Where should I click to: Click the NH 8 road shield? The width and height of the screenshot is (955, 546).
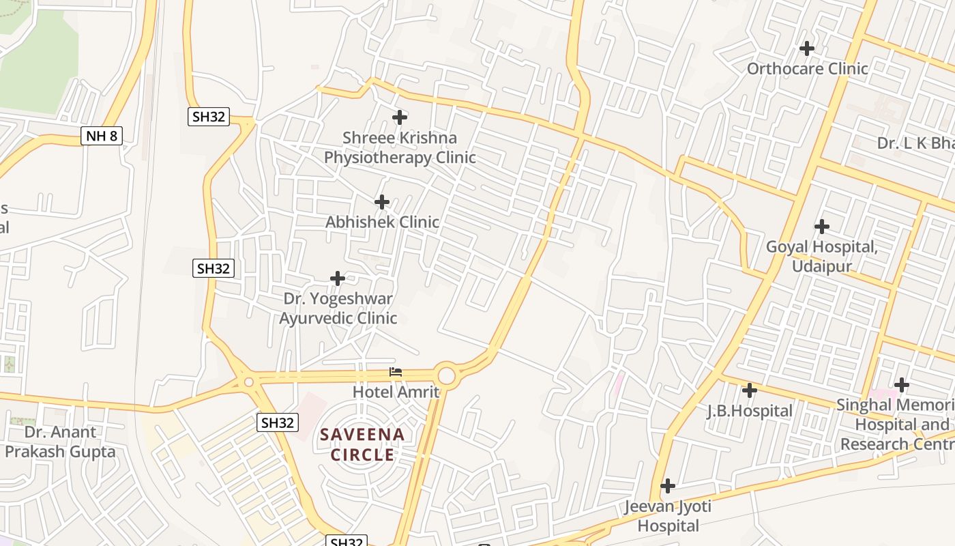coord(102,136)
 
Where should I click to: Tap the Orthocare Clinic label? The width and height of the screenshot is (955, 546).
coord(807,68)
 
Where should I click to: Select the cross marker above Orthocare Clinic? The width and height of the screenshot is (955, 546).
coord(807,48)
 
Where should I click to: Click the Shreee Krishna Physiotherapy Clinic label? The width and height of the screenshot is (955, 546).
coord(399,147)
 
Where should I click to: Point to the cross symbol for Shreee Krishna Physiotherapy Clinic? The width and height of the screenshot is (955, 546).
coord(400,117)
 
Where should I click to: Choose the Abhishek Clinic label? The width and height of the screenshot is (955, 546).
coord(382,222)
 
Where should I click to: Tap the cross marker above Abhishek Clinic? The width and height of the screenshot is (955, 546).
coord(382,202)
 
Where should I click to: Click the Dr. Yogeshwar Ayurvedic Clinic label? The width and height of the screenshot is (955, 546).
coord(338,308)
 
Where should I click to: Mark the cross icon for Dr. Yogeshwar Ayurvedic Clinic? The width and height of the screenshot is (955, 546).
coord(338,278)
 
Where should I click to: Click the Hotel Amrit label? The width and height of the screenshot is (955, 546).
coord(396,392)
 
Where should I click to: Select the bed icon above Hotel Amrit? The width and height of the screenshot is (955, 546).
coord(396,372)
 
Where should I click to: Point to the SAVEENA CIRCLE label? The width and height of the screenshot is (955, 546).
coord(363,444)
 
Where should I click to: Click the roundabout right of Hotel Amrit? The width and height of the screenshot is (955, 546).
coord(446,375)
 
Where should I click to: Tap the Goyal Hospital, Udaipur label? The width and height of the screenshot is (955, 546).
coord(821,256)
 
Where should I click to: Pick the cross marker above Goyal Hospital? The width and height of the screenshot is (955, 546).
coord(822,227)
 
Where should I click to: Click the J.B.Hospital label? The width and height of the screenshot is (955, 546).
coord(750,411)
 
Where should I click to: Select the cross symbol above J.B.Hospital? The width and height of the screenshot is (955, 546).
coord(750,390)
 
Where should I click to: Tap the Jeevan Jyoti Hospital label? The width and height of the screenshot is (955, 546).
coord(668,516)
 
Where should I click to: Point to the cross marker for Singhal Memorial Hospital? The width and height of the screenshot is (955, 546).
coord(902,385)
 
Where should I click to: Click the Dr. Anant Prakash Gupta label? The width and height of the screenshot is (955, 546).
coord(60,442)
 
